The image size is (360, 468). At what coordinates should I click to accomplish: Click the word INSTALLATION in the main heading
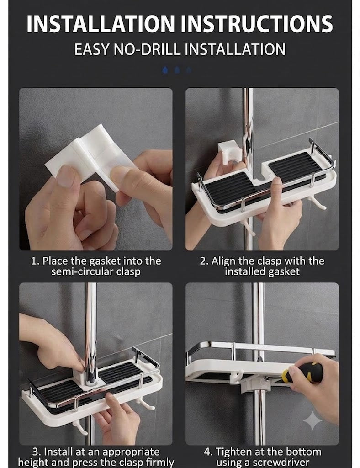[x=100, y=24]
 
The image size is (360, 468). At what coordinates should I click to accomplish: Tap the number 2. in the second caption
[x=204, y=261]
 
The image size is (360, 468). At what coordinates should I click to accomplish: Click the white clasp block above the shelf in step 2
[x=228, y=153]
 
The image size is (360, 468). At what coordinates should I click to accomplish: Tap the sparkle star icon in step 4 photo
[x=312, y=420]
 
